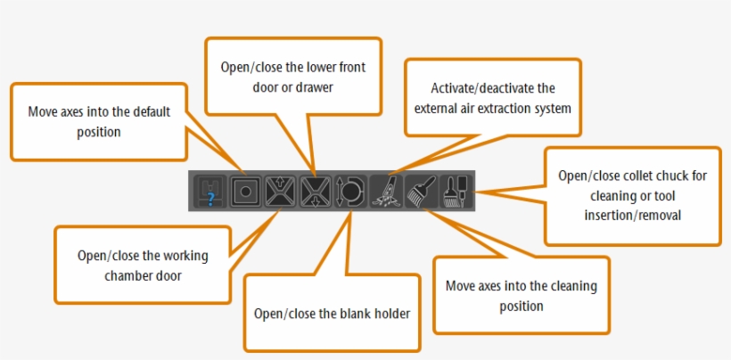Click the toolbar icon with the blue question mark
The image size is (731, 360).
(x=210, y=191)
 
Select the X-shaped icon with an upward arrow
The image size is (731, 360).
(x=279, y=191)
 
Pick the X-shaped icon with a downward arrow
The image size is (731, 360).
(x=315, y=191)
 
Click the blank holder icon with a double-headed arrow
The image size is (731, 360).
(x=348, y=191)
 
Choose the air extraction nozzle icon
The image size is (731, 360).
(x=385, y=191)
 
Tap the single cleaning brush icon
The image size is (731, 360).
(x=419, y=191)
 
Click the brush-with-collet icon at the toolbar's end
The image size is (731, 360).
(x=453, y=191)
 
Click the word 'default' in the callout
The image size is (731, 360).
(x=149, y=114)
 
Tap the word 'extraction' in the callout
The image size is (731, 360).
(x=509, y=109)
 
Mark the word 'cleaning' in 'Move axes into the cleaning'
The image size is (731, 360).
(x=575, y=287)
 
